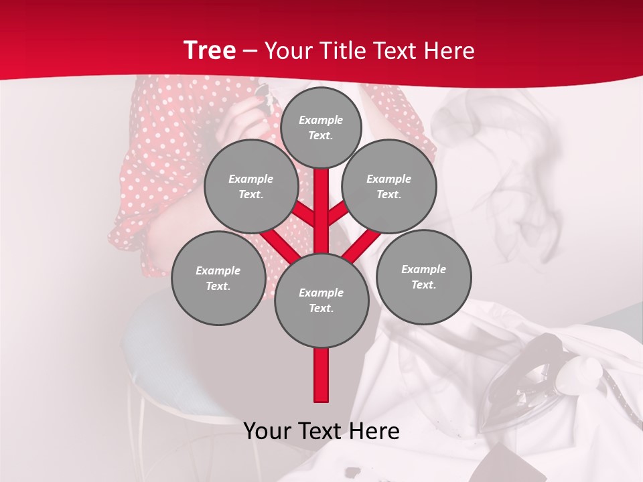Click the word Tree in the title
point(209,51)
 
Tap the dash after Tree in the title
point(250,52)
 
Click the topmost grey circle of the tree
point(321,127)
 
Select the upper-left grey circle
point(251,186)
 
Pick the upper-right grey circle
point(389,186)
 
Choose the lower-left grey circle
point(218,278)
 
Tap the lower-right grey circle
point(424,276)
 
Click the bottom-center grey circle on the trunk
point(321,300)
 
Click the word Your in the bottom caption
point(268,432)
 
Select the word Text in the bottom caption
point(322,432)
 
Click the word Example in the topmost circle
point(321,120)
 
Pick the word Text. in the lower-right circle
point(423,285)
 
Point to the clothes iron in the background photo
point(529,375)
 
